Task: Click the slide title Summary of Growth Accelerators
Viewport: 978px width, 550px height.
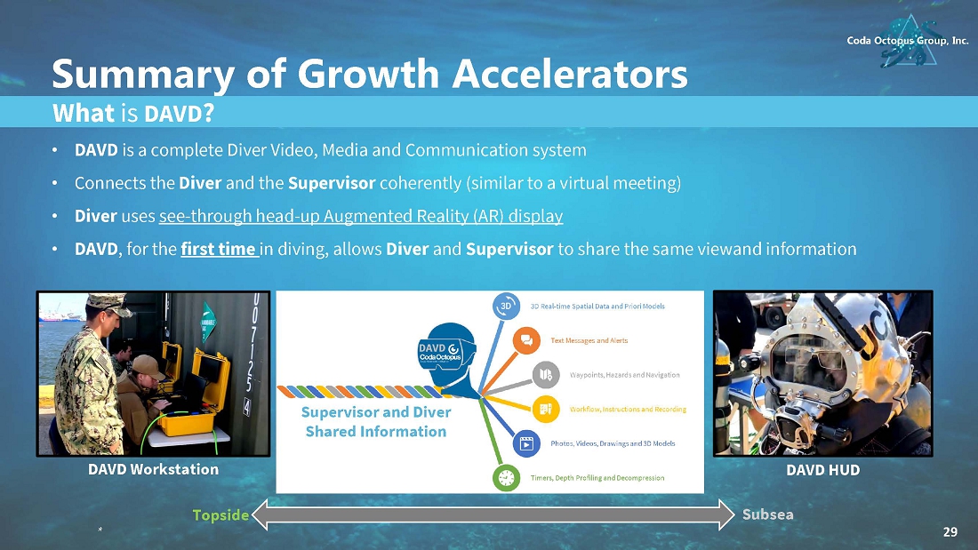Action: [369, 74]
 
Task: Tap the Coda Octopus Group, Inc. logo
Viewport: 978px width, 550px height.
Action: [908, 41]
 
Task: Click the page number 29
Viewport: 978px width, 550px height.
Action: [950, 532]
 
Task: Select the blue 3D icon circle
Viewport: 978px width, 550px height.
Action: [506, 307]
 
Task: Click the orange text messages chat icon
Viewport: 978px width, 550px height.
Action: [526, 340]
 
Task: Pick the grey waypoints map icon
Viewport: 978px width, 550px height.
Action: [546, 375]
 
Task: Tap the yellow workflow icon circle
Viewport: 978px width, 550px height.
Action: [546, 409]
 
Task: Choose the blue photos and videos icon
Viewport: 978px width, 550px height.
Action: [526, 443]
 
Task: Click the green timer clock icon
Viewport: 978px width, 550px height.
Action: [507, 478]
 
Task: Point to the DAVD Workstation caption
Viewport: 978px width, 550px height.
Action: [154, 469]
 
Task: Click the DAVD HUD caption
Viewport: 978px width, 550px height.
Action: [822, 470]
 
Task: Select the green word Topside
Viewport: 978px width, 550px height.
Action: [220, 515]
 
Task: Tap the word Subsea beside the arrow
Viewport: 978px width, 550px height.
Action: [768, 514]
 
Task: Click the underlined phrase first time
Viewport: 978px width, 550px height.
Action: [219, 249]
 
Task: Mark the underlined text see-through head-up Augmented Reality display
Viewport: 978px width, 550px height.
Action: [361, 216]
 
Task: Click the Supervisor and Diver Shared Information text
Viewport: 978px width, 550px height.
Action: [376, 421]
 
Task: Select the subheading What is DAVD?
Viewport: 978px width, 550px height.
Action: [133, 114]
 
